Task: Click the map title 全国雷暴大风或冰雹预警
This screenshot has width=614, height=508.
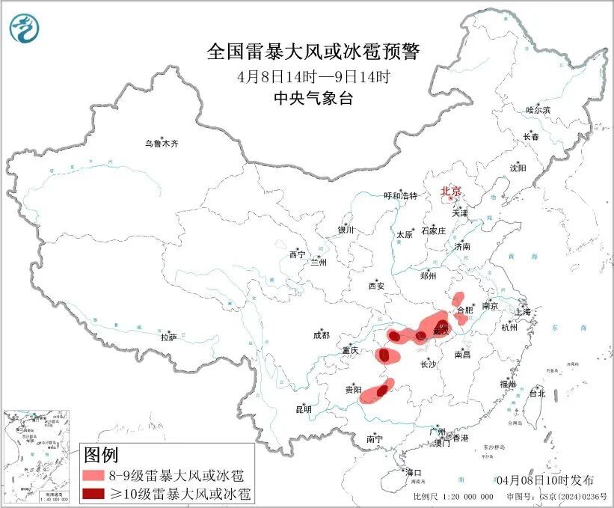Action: (x=314, y=52)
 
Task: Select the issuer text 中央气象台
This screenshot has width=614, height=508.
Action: (x=314, y=98)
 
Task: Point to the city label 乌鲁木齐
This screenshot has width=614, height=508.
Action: (x=162, y=144)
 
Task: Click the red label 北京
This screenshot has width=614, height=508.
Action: (x=452, y=191)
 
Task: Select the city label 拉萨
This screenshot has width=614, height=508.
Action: (x=168, y=337)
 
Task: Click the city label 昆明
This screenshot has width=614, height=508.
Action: (x=303, y=409)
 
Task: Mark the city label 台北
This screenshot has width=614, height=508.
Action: (x=537, y=393)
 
